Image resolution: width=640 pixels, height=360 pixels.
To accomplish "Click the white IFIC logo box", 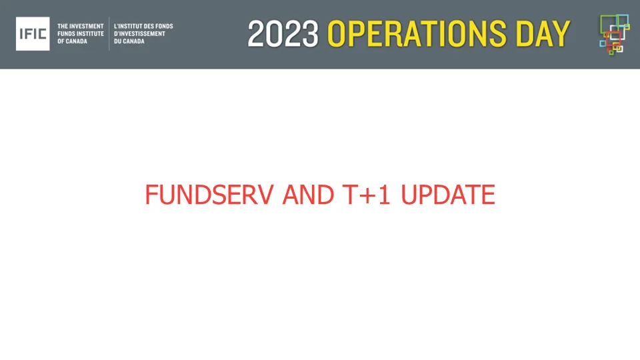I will (x=33, y=34).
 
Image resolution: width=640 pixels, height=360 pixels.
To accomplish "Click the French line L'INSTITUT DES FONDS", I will (x=143, y=27).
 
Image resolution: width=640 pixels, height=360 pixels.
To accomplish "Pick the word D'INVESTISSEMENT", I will (x=139, y=34).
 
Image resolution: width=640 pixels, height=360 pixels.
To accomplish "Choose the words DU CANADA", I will (x=129, y=41).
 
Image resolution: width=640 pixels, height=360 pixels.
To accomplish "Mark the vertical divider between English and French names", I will (x=109, y=34).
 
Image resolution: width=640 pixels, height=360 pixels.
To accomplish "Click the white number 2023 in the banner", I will (x=284, y=34).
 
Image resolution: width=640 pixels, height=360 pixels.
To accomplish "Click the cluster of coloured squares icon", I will (x=614, y=34).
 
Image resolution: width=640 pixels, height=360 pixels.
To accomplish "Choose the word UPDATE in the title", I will (x=448, y=195).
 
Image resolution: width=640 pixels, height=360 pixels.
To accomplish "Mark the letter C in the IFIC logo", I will (x=43, y=34).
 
